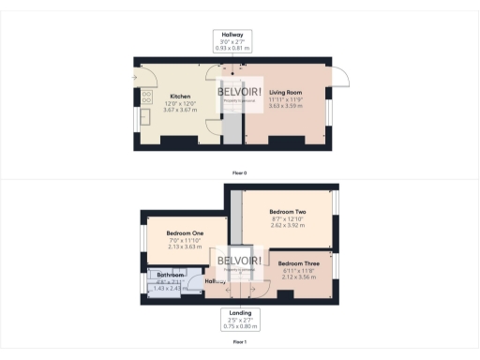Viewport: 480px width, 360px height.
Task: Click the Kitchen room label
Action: coord(180,97)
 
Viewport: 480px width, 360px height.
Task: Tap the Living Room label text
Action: coord(284,93)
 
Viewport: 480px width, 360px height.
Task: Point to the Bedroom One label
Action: coord(185,233)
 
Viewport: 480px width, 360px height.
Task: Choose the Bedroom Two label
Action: coord(288,212)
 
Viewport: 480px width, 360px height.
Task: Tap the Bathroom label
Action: coord(171,275)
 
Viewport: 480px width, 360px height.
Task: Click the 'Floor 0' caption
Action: coord(240,172)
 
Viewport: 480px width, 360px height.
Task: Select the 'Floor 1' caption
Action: coord(240,342)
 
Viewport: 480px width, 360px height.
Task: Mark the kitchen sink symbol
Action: coord(145,117)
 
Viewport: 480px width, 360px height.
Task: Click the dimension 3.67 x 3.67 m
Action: coord(180,111)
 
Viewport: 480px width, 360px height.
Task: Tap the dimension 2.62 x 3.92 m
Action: coord(288,225)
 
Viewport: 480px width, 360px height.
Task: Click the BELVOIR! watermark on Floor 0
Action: coord(240,93)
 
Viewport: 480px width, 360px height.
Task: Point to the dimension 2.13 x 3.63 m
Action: coord(185,247)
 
